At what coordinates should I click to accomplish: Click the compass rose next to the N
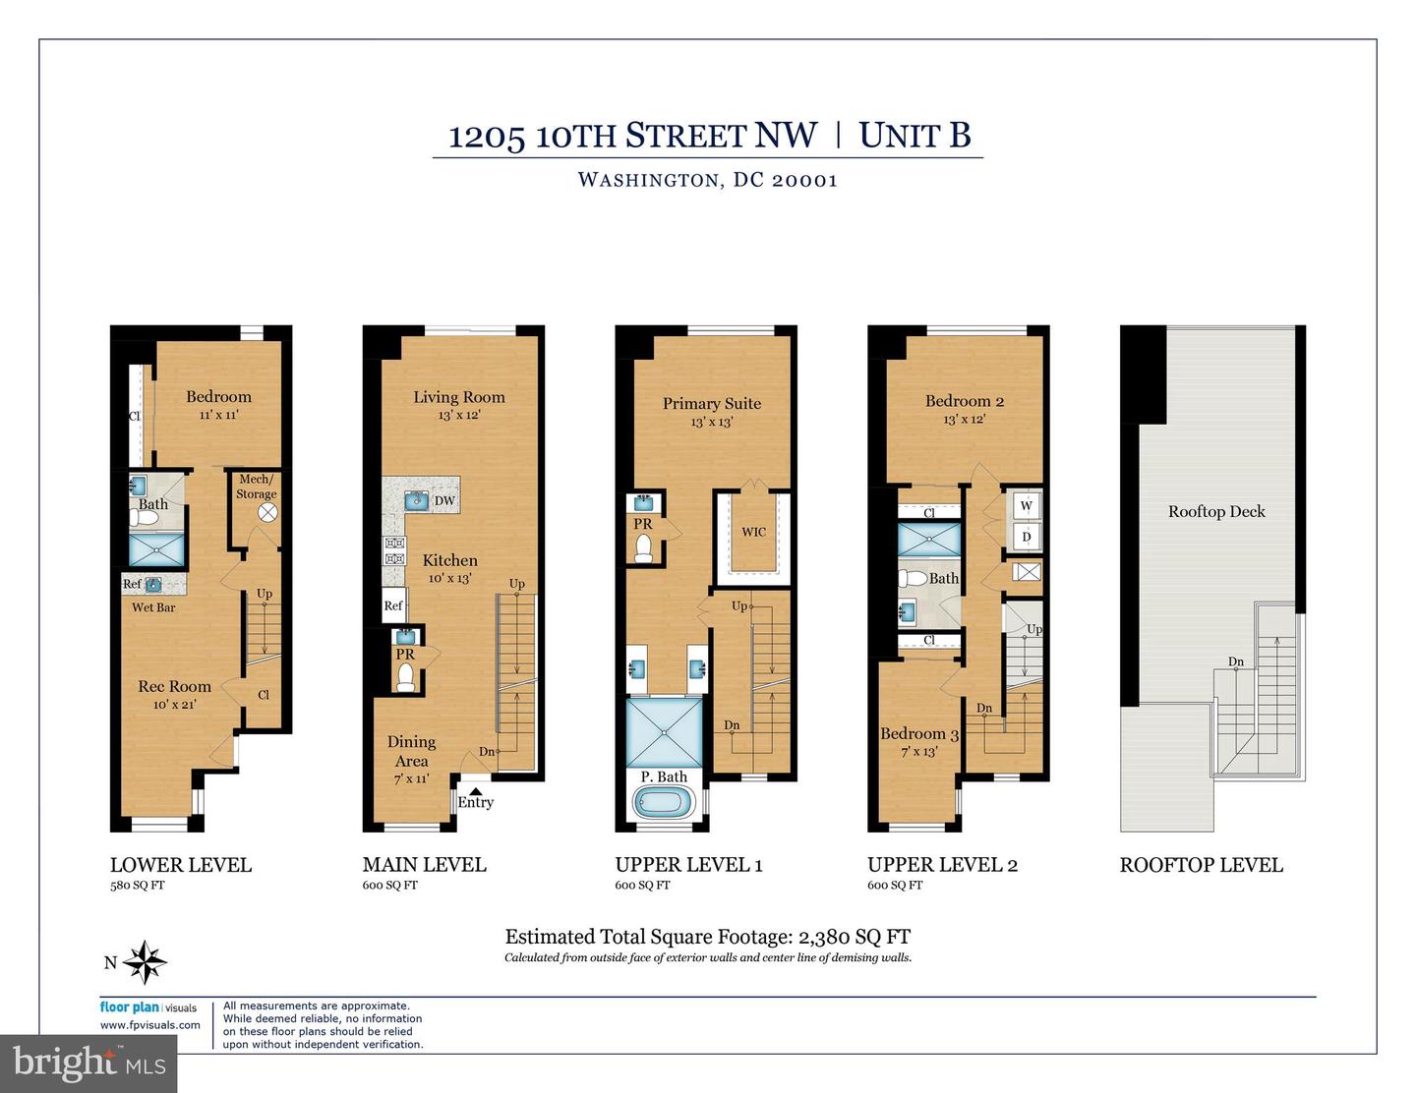[x=146, y=962]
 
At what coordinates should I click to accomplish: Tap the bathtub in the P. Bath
[x=666, y=802]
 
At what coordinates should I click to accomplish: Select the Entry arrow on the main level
[x=475, y=788]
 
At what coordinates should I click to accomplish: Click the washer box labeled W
[x=1027, y=506]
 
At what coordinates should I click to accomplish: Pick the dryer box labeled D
[x=1027, y=537]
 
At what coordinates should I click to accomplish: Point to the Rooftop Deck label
[x=1216, y=511]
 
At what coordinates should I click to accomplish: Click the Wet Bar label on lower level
[x=153, y=607]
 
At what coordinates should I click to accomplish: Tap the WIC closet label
[x=753, y=532]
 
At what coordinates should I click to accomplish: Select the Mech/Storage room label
[x=256, y=487]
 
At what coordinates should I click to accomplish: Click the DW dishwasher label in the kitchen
[x=444, y=500]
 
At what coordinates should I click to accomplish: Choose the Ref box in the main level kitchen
[x=393, y=605]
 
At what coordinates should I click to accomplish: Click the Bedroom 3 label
[x=918, y=733]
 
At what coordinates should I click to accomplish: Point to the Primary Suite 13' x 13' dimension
[x=711, y=422]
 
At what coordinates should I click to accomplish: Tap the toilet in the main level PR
[x=404, y=676]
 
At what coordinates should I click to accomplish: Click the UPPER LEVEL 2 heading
[x=942, y=865]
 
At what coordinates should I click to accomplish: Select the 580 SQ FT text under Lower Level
[x=138, y=885]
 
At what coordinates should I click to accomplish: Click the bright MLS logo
[x=88, y=1063]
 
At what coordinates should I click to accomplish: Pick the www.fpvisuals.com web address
[x=149, y=1024]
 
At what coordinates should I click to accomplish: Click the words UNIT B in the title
[x=914, y=136]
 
